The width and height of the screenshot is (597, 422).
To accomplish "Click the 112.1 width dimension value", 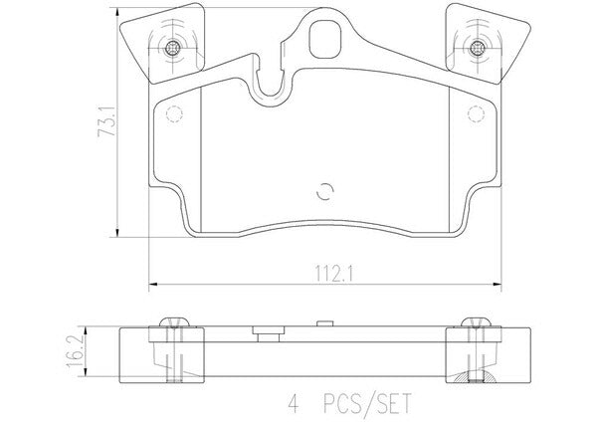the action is [x=334, y=274].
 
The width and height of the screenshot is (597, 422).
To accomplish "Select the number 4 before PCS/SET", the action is [x=294, y=403].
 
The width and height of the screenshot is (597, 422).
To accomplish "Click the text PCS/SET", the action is [x=367, y=404].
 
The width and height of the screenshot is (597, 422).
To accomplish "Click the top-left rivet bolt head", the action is [x=172, y=48].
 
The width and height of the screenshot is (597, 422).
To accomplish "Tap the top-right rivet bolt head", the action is [x=476, y=48].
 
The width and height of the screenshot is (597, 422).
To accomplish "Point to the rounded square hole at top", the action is [x=325, y=39].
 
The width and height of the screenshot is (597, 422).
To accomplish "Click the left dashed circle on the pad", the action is [x=174, y=113].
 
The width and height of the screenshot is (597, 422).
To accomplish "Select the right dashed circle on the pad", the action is [x=476, y=113].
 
